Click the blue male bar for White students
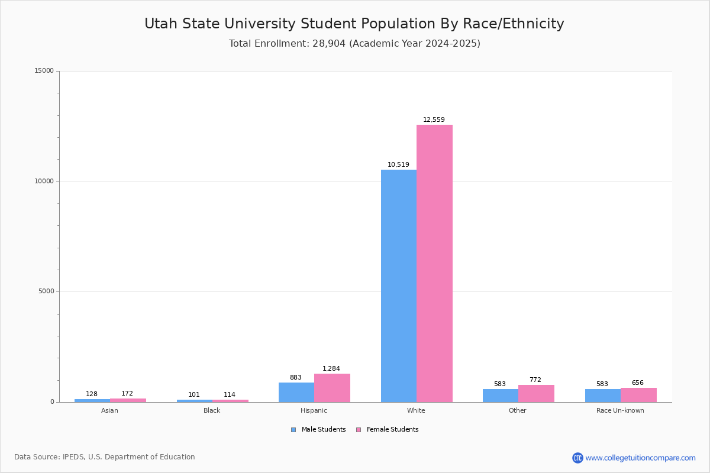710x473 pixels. [x=398, y=286]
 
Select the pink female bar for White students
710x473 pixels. [x=434, y=263]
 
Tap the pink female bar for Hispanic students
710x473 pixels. [x=332, y=388]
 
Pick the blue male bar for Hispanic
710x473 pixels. [x=296, y=392]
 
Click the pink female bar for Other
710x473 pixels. [x=536, y=393]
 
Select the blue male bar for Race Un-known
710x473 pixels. [x=602, y=396]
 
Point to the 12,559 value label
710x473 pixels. [x=434, y=120]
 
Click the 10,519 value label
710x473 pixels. [x=398, y=165]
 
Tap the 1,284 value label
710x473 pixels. [x=331, y=369]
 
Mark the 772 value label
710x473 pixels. [x=535, y=380]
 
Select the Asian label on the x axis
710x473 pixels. [x=109, y=411]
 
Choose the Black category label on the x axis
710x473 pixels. [x=212, y=411]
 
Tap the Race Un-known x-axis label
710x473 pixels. [x=620, y=411]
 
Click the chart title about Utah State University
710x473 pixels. [x=354, y=24]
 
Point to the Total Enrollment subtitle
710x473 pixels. [x=354, y=44]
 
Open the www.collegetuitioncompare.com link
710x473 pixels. [x=640, y=458]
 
